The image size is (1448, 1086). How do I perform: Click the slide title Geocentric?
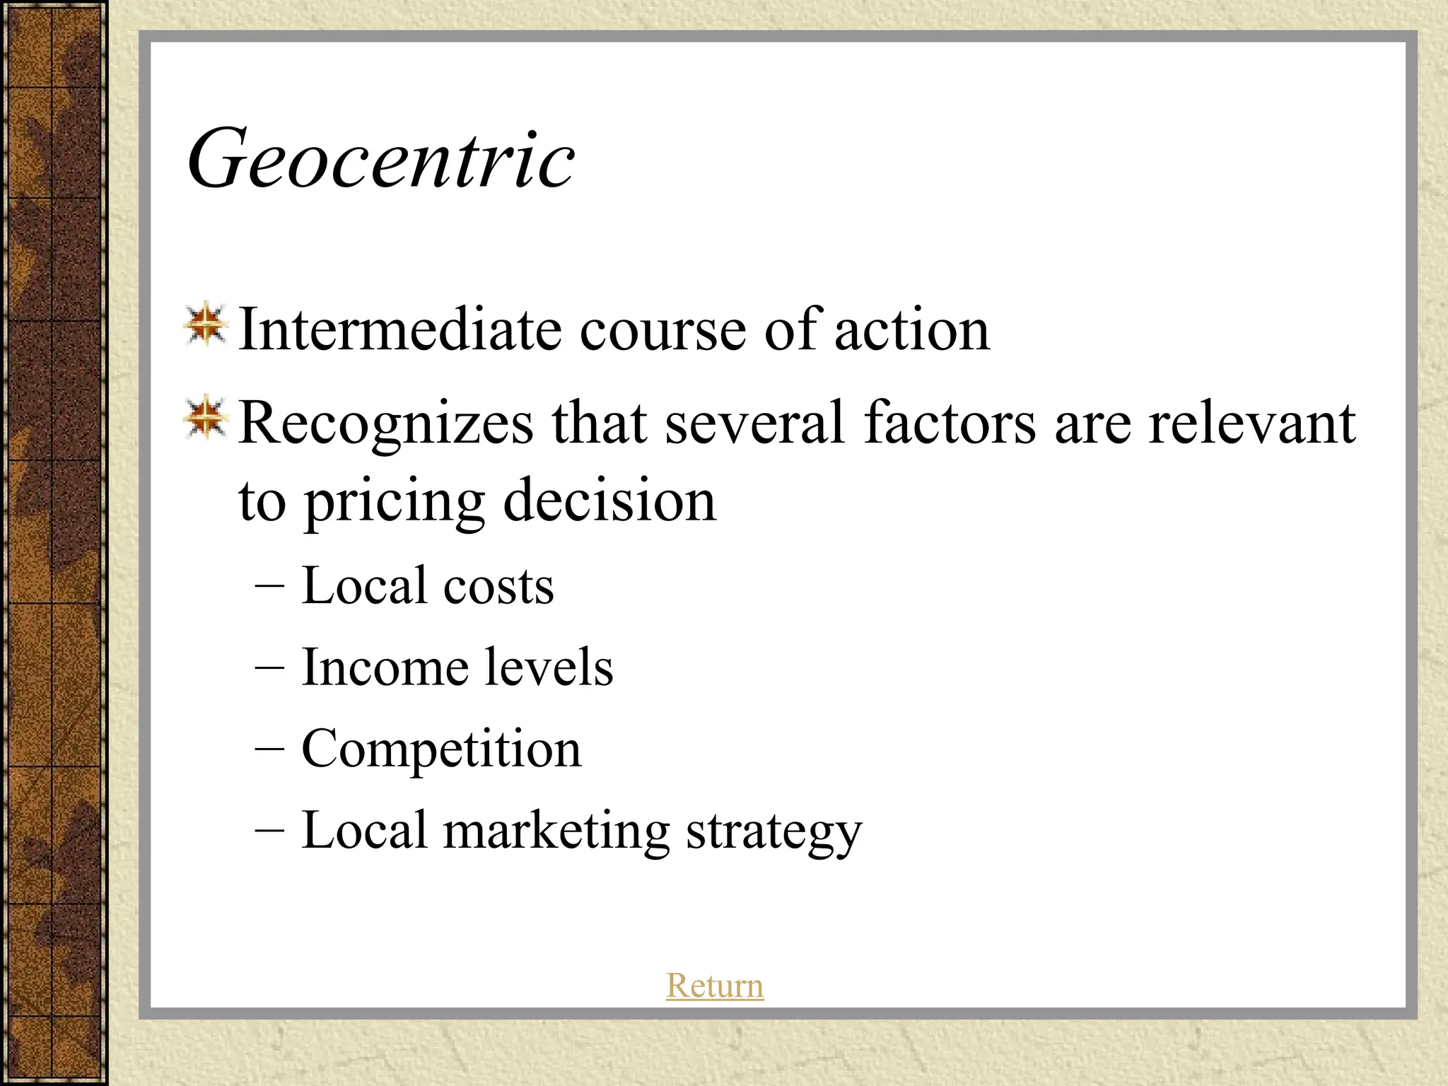(381, 159)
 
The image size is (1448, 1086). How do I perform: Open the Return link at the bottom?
(715, 986)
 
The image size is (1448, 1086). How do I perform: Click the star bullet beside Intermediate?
(205, 326)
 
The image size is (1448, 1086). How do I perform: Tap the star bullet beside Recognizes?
(205, 418)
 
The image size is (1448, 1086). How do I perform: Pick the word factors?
(950, 423)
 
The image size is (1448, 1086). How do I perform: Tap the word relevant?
(1251, 423)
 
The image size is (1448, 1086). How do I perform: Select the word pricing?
(395, 502)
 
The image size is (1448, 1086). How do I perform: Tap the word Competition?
(441, 749)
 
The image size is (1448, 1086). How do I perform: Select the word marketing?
(556, 831)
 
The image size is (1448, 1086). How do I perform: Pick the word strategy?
(774, 831)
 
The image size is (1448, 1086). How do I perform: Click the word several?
(754, 423)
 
